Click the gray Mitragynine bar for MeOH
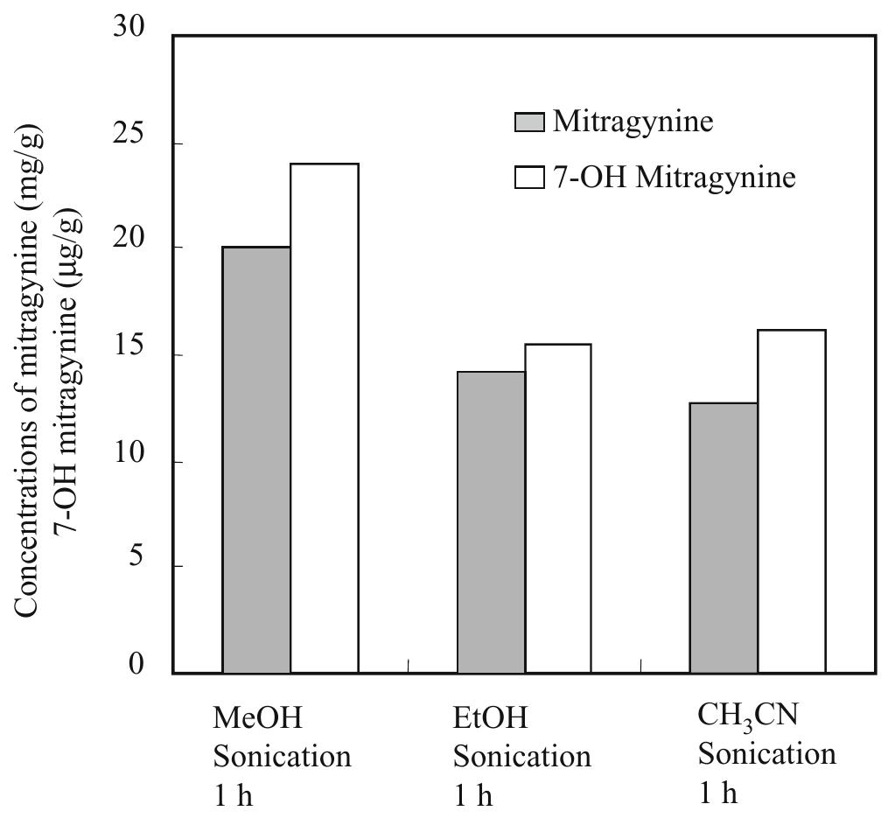[x=256, y=460]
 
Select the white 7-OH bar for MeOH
[x=324, y=418]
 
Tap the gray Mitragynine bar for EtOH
[x=491, y=522]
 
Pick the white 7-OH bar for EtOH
[x=558, y=508]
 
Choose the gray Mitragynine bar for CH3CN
[x=724, y=538]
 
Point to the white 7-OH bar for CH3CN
[x=791, y=501]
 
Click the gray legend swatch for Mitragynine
[x=529, y=122]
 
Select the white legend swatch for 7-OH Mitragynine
[x=529, y=178]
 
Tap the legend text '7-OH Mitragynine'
[x=674, y=178]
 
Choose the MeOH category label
[x=257, y=719]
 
